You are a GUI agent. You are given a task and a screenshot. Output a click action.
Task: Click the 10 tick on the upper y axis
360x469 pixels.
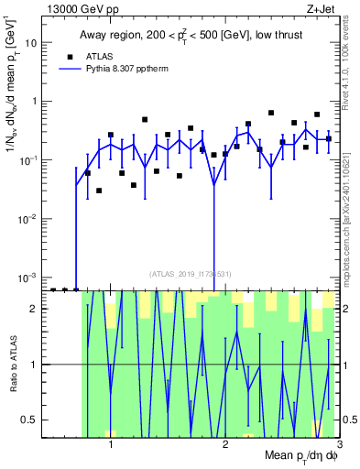click(x=33, y=42)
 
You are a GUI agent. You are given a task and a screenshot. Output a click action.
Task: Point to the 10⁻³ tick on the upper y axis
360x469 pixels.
click(x=29, y=277)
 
